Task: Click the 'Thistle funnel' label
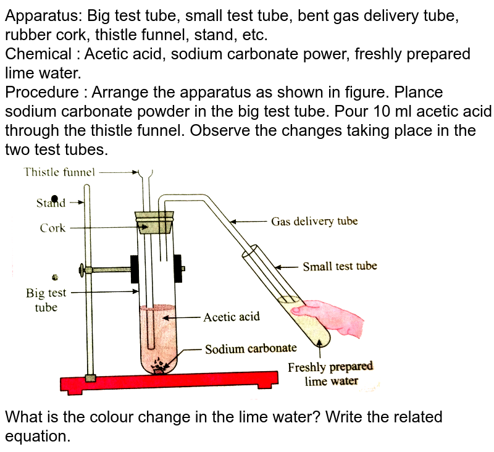click(x=59, y=172)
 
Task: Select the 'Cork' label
click(x=52, y=228)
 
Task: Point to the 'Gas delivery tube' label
click(x=314, y=221)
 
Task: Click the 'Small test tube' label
click(x=340, y=267)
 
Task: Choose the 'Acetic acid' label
click(x=232, y=317)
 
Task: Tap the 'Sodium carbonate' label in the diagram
click(x=251, y=348)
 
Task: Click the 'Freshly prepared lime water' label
click(x=330, y=374)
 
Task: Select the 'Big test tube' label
click(x=46, y=299)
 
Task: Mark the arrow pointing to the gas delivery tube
click(x=247, y=221)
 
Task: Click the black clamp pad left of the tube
click(x=134, y=269)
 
